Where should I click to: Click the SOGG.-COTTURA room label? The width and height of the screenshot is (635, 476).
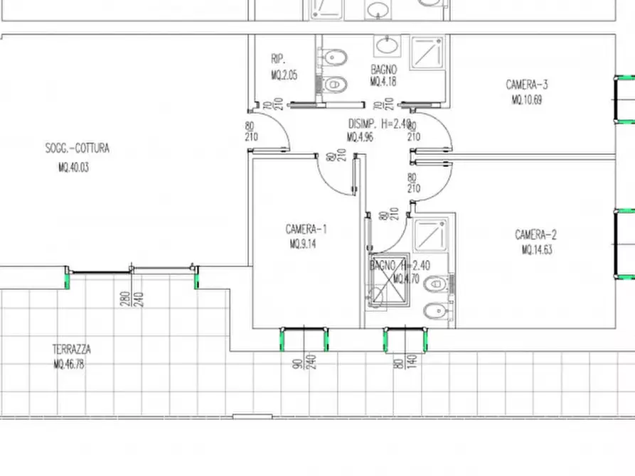pos(77,148)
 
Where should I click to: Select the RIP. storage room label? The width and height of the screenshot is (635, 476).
pos(277,59)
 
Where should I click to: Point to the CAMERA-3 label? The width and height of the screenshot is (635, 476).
pos(526,85)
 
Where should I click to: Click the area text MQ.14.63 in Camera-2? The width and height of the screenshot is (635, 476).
pos(536,250)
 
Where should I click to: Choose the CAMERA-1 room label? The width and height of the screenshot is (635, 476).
pos(306,229)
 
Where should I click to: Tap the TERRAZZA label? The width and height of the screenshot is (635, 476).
pos(71,350)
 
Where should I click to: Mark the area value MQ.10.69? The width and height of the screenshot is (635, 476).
pos(526,100)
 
